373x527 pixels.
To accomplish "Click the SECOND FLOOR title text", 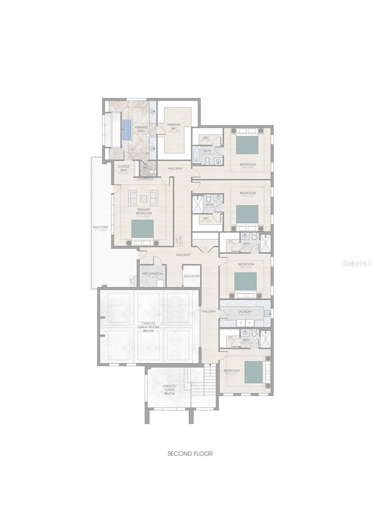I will coord(190,454).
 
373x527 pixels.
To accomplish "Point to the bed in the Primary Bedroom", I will coord(143,231).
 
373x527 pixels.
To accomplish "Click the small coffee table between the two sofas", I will coord(143,198).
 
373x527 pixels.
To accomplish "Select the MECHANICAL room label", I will coord(153,274).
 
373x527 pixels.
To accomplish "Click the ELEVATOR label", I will coord(192,276).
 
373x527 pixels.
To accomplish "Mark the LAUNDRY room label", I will coord(245,312).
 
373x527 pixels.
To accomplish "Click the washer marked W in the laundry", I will coord(249,323).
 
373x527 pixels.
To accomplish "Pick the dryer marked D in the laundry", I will coord(241,323).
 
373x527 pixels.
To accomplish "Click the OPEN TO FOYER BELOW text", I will coord(170,390).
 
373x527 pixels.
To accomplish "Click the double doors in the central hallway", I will coord(205,249).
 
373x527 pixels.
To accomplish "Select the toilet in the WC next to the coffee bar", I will coord(152,173).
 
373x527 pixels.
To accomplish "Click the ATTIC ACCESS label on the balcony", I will coord(131,281).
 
